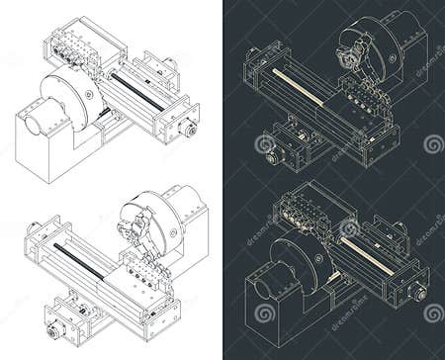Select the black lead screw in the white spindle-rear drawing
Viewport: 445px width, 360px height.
click(137, 90)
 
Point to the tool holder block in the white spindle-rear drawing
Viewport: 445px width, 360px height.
click(72, 46)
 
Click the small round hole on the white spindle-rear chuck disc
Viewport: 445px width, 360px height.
click(90, 94)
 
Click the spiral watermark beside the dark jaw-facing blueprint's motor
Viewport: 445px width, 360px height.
click(265, 144)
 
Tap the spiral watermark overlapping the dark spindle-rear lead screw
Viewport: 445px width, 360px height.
click(349, 228)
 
